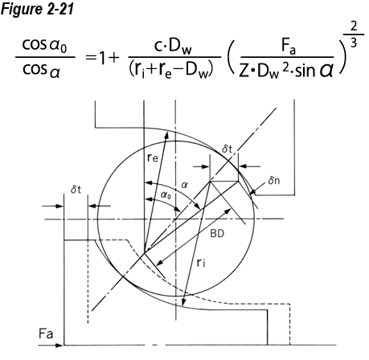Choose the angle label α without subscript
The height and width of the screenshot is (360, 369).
point(184,184)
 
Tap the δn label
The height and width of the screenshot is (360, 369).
point(274,179)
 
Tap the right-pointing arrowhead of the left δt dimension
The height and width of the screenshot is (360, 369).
point(61,205)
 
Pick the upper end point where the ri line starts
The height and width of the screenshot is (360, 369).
point(211,182)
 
